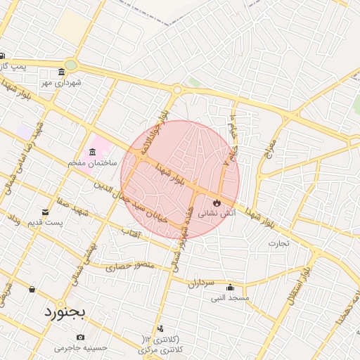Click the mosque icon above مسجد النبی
pyautogui.click(x=230, y=287)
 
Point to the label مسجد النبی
pyautogui.click(x=230, y=297)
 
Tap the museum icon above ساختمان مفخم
pyautogui.click(x=94, y=153)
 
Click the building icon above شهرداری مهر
pyautogui.click(x=62, y=72)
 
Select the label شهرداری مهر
pyautogui.click(x=61, y=83)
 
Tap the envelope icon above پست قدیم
pyautogui.click(x=46, y=212)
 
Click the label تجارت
pyautogui.click(x=278, y=243)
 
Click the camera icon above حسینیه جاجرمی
pyautogui.click(x=80, y=337)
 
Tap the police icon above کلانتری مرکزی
pyautogui.click(x=161, y=328)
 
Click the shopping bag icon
pyautogui.click(x=32, y=289)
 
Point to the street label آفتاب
pyautogui.click(x=131, y=231)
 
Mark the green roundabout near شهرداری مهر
pyautogui.click(x=70, y=65)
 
